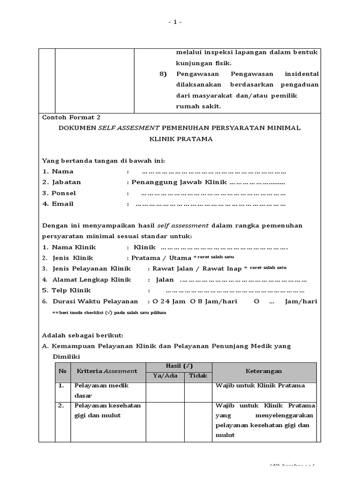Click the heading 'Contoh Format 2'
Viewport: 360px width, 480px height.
click(x=71, y=118)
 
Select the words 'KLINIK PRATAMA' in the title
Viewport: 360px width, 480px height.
click(x=180, y=139)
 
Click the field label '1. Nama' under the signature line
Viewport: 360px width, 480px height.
click(x=58, y=172)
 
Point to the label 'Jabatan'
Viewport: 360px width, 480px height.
click(x=66, y=182)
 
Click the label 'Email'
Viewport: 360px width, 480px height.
click(x=63, y=204)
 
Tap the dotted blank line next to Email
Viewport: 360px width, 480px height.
click(x=210, y=204)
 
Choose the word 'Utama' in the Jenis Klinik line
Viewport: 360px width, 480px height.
click(x=181, y=258)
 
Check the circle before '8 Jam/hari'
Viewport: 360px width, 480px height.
click(x=192, y=301)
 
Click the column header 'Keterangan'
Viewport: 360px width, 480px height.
click(x=264, y=371)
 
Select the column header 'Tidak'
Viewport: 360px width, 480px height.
click(x=198, y=376)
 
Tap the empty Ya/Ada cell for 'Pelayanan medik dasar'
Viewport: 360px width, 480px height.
click(x=165, y=392)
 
